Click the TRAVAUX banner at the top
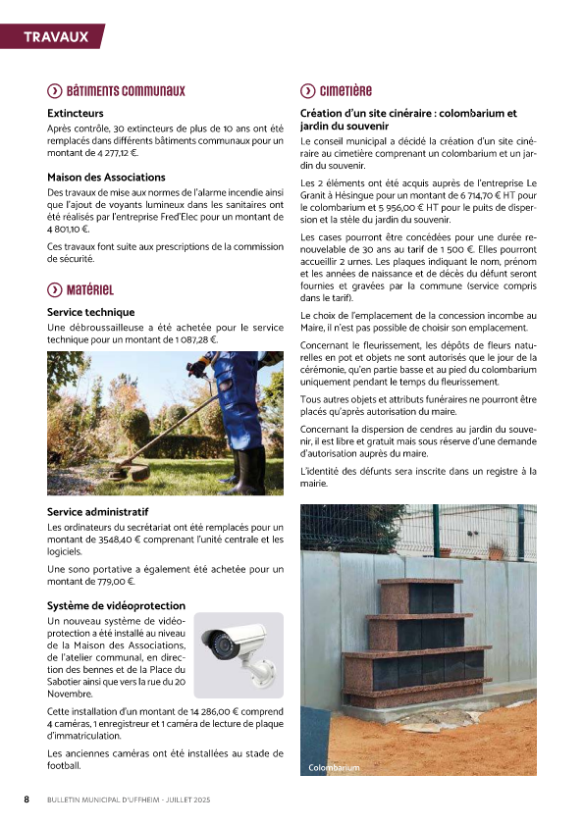pyautogui.click(x=56, y=37)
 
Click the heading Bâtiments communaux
pyautogui.click(x=126, y=91)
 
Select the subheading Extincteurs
pyautogui.click(x=75, y=114)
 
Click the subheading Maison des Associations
pyautogui.click(x=106, y=177)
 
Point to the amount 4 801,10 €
pyautogui.click(x=68, y=229)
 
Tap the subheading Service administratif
pyautogui.click(x=97, y=512)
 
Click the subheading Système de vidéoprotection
pyautogui.click(x=116, y=605)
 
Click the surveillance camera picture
pyautogui.click(x=238, y=655)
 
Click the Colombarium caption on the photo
pyautogui.click(x=334, y=767)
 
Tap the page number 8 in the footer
pyautogui.click(x=27, y=799)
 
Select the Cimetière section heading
pyautogui.click(x=345, y=91)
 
